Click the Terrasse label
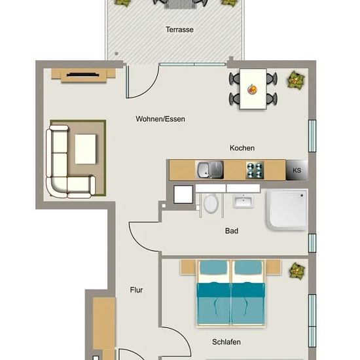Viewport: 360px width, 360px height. [179, 29]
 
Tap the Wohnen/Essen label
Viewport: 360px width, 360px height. [160, 119]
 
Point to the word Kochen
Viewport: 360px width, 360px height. [242, 148]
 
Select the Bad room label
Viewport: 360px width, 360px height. [232, 231]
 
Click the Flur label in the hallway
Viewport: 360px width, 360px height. [136, 290]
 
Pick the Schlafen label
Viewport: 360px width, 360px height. [226, 342]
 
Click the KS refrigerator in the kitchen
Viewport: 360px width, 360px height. [297, 170]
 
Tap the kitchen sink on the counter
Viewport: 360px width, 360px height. [209, 170]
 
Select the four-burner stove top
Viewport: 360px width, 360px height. [255, 170]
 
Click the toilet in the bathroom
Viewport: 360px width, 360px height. [211, 203]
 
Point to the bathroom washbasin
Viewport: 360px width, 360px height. [243, 201]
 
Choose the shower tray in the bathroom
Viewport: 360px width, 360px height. [287, 209]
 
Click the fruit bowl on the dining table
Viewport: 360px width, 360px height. [252, 89]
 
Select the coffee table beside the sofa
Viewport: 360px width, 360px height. [85, 149]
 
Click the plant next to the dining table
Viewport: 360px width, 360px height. [296, 80]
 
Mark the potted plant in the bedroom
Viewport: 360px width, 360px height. [297, 271]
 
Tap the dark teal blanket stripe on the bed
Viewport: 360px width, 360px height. [231, 290]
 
